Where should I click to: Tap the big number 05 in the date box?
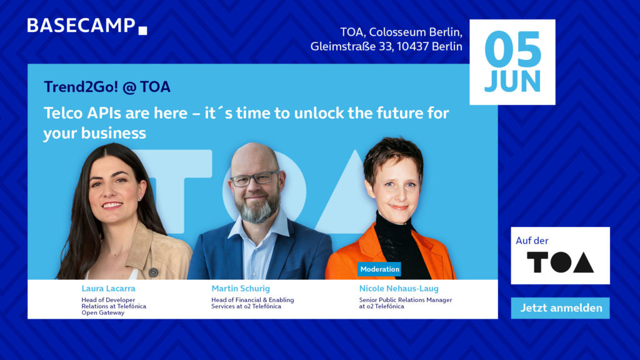512,51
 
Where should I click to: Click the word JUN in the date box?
512,81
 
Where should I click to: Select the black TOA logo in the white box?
560,262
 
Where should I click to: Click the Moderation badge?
379,269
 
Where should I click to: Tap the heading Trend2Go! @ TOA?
107,87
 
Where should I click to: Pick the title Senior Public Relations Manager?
401,300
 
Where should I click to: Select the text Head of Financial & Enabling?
252,300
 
